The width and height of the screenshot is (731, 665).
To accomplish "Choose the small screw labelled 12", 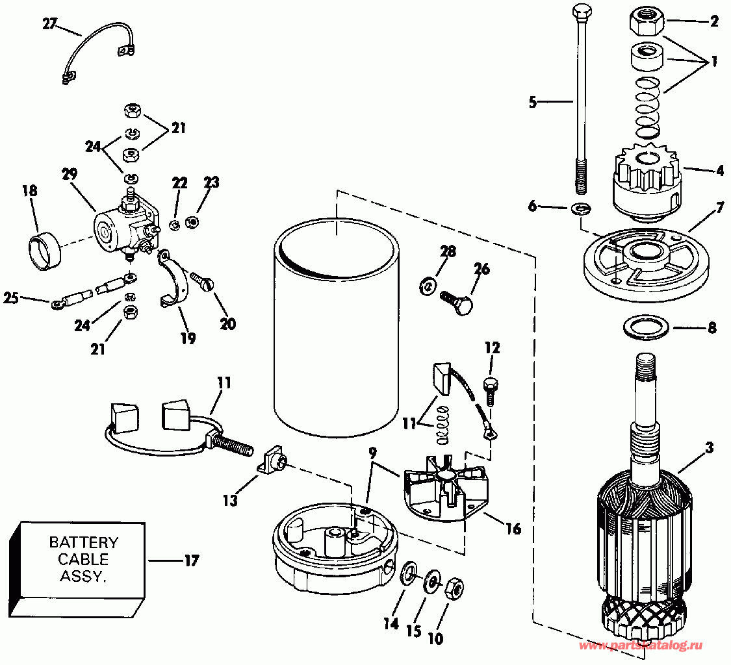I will click(x=491, y=389).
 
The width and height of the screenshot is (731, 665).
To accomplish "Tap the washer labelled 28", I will click(x=427, y=284).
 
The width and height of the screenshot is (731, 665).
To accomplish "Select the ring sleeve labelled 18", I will click(x=44, y=250).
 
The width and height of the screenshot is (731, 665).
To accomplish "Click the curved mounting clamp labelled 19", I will click(x=176, y=279).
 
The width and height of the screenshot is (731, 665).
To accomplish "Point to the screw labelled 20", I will click(x=203, y=282).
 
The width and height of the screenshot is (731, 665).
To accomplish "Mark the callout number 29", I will click(x=70, y=174).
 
